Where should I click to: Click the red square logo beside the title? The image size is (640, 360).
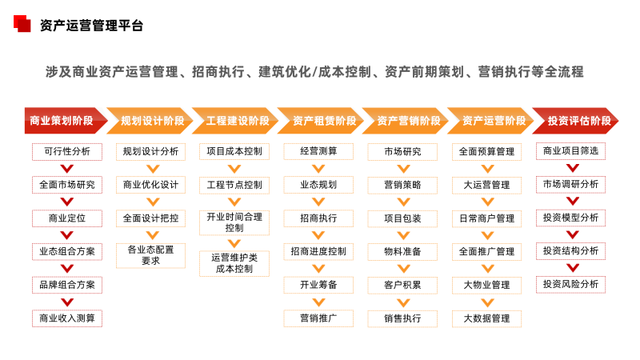tap(22, 23)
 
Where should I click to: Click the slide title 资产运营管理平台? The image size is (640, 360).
tap(91, 26)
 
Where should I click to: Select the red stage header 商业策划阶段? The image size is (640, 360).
tap(66, 121)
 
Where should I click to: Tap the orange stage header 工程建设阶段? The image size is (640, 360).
tap(235, 121)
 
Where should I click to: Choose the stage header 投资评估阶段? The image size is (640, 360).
tap(575, 121)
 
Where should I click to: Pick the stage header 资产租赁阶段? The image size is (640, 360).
tap(321, 121)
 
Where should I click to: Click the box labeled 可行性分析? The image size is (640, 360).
tap(67, 151)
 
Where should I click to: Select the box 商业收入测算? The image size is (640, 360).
tap(67, 318)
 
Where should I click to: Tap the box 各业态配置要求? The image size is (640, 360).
tap(150, 255)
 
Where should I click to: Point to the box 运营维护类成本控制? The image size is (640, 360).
tap(234, 264)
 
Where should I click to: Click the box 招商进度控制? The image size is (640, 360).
tap(318, 251)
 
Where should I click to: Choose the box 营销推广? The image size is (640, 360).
tap(318, 318)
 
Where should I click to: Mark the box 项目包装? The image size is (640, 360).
tap(402, 218)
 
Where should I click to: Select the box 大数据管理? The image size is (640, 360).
tap(486, 318)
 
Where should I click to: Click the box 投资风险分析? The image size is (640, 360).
tap(570, 285)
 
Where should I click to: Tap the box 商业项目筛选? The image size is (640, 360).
tap(570, 151)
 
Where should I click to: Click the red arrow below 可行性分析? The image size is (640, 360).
tap(67, 169)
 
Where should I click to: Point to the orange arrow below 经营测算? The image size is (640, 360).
tap(318, 169)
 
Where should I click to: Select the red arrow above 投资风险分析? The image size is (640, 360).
tap(573, 268)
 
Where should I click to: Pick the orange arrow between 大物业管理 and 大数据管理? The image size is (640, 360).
tap(488, 302)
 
